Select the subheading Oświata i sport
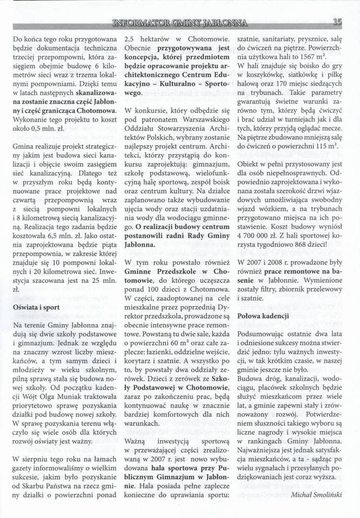coord(36,307)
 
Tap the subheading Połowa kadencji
coord(263,316)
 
